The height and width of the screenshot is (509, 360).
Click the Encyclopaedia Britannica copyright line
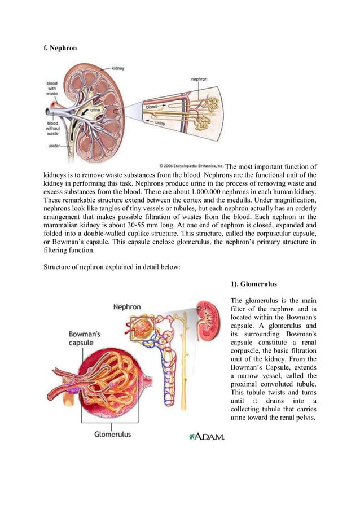pos(192,166)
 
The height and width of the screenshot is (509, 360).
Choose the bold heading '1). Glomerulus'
pos(255,284)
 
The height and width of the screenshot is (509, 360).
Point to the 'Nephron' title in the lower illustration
pos(127,308)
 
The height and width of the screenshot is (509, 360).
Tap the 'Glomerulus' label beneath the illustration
pos(112,435)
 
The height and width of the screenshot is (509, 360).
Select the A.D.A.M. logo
pos(207,437)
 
